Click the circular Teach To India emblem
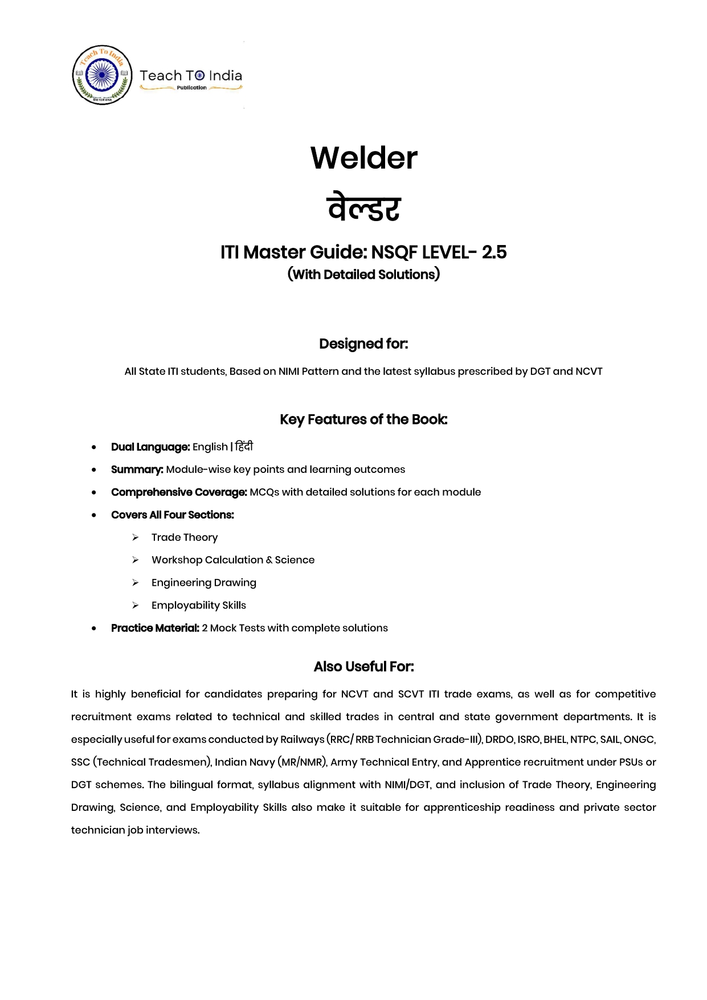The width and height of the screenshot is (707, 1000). [x=103, y=75]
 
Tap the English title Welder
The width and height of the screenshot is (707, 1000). [x=363, y=158]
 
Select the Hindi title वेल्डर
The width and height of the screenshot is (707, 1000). [x=363, y=207]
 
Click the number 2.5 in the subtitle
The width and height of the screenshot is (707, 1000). [x=494, y=252]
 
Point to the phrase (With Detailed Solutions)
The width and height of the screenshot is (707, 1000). [x=363, y=275]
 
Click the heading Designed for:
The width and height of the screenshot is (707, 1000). [x=363, y=344]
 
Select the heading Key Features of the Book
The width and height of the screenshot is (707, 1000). [x=363, y=419]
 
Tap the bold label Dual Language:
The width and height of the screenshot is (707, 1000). [x=150, y=447]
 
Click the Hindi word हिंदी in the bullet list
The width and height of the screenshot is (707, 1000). [x=244, y=446]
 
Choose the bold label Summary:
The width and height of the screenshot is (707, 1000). [x=137, y=470]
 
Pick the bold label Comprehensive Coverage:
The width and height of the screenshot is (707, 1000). [x=179, y=492]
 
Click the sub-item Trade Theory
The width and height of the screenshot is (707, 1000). [x=185, y=537]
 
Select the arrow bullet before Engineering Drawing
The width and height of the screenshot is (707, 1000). [x=136, y=582]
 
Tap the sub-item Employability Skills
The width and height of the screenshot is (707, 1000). [x=199, y=605]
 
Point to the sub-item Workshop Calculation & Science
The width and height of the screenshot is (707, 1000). [x=233, y=560]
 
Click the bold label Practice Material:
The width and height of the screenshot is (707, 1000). [x=155, y=628]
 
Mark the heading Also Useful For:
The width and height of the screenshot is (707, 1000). [x=363, y=667]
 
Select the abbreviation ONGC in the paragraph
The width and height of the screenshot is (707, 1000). [x=639, y=740]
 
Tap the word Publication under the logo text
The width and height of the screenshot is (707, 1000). [x=191, y=88]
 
